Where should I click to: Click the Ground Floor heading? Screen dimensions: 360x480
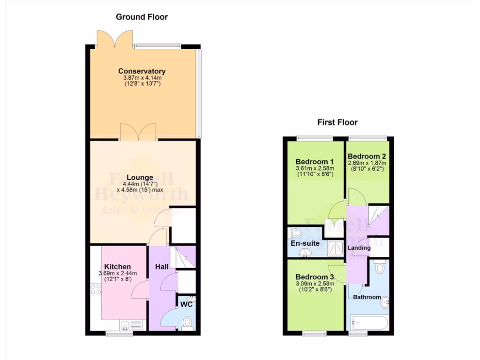tap(142, 17)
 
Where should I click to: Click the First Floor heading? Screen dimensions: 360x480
tap(337, 122)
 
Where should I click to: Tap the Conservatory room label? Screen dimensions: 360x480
tap(142, 71)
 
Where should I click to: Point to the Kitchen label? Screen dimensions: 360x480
tap(117, 267)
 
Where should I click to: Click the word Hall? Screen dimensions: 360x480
tap(162, 267)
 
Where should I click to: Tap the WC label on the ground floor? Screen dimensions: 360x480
tap(187, 304)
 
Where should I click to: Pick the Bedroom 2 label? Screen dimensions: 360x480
tap(367, 156)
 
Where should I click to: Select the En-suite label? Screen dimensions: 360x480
tap(305, 243)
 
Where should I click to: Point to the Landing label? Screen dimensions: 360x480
tap(359, 247)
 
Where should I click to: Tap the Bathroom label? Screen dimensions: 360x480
tap(367, 297)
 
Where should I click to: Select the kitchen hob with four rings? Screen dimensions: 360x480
tap(96, 289)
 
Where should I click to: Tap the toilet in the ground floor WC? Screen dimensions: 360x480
tap(187, 322)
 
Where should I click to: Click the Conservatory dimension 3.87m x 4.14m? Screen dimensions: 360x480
tap(142, 78)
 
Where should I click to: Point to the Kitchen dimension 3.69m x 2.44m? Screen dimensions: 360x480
tap(117, 273)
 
